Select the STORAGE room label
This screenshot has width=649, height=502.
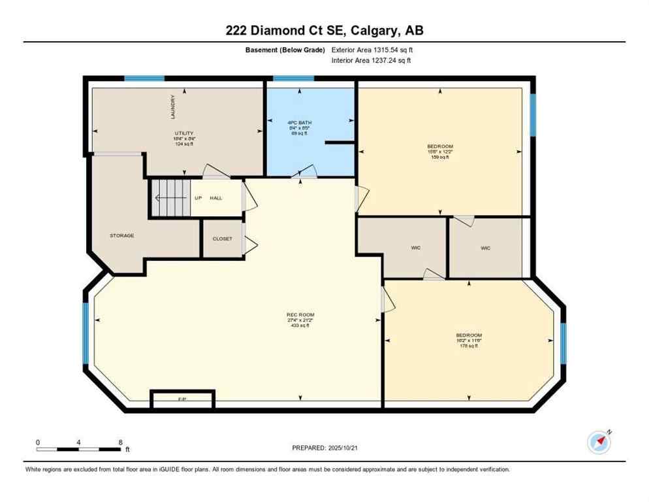pyautogui.click(x=121, y=235)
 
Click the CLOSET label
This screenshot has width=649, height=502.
pyautogui.click(x=222, y=239)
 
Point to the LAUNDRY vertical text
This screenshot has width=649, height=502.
pyautogui.click(x=173, y=107)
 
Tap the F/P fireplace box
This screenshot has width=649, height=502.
pyautogui.click(x=182, y=399)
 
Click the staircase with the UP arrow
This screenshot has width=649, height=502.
pyautogui.click(x=171, y=197)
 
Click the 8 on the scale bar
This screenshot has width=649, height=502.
pyautogui.click(x=120, y=443)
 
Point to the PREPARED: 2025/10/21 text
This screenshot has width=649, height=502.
pyautogui.click(x=327, y=448)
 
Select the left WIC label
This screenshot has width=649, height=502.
pyautogui.click(x=415, y=248)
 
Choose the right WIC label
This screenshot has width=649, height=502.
pyautogui.click(x=485, y=248)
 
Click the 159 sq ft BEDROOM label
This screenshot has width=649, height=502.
pyautogui.click(x=439, y=151)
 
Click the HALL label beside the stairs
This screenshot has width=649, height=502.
pyautogui.click(x=216, y=197)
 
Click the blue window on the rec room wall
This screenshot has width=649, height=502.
pyautogui.click(x=85, y=333)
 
